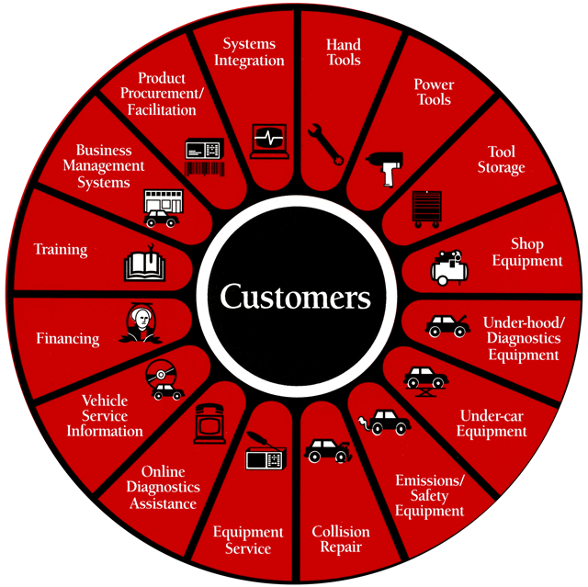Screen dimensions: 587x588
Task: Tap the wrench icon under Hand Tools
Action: (326, 143)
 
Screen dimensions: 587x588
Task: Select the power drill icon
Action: (383, 167)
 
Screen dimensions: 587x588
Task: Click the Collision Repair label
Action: (340, 539)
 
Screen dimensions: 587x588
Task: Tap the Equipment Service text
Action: (248, 540)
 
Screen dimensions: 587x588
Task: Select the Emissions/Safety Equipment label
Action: (429, 495)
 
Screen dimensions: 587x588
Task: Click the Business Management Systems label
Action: (110, 165)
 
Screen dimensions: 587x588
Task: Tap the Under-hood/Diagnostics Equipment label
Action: (521, 339)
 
